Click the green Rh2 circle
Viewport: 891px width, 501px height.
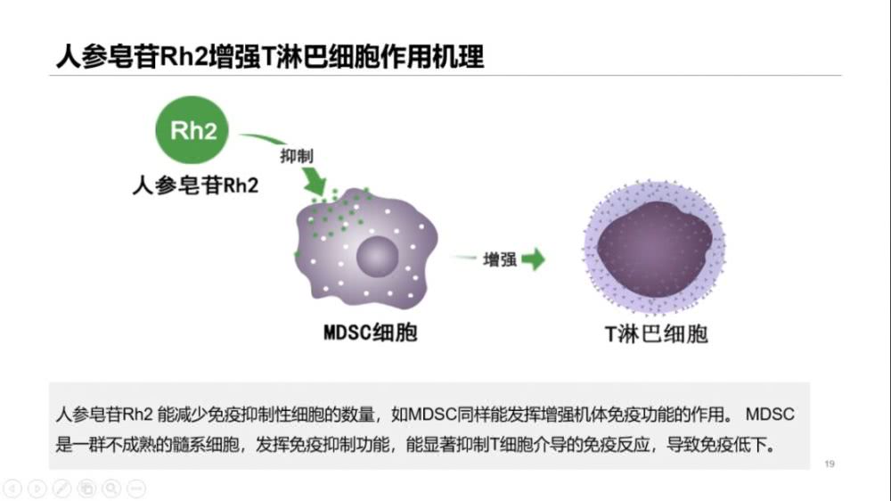(193, 132)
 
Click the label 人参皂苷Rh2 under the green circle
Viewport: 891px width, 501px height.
(195, 185)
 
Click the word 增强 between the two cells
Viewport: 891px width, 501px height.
(499, 259)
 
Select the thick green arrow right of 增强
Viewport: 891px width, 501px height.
(534, 259)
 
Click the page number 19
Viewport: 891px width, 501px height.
(830, 464)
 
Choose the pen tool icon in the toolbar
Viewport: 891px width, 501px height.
(62, 488)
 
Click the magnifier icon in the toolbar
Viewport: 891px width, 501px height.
(111, 488)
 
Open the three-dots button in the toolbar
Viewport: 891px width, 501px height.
(135, 488)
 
